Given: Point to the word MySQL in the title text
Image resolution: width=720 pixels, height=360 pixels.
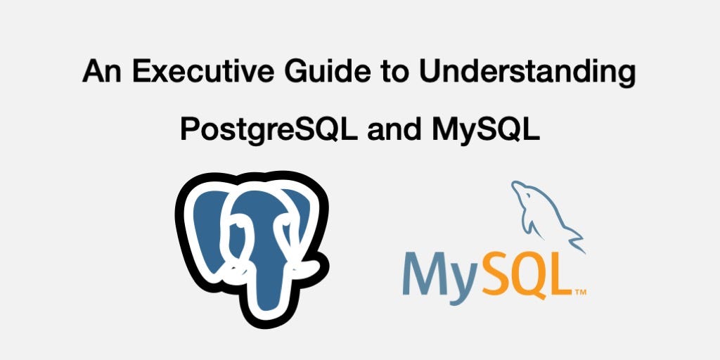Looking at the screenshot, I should (490, 130).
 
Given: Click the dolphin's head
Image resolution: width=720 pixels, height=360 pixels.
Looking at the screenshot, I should (520, 191).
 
